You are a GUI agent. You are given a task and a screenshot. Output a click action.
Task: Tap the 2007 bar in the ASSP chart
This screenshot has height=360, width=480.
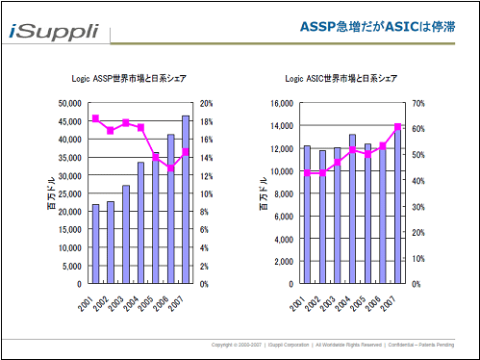(x=186, y=200)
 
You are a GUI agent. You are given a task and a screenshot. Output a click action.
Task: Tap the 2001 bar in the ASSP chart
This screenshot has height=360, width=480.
(x=95, y=244)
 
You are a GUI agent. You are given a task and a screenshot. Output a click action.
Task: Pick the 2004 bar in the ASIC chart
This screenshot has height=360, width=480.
(x=352, y=209)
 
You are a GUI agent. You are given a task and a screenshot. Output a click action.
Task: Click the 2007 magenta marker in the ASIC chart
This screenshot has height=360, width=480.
(x=397, y=127)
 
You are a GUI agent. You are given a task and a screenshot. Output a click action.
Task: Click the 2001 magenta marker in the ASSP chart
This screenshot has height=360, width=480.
(x=95, y=118)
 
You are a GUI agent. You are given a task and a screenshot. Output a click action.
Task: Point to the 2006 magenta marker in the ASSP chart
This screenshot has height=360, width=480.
(x=170, y=168)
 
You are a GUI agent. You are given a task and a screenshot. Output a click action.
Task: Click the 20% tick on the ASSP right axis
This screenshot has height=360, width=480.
(x=205, y=103)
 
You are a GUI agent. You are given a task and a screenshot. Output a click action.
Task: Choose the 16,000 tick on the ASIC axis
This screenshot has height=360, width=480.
(x=277, y=103)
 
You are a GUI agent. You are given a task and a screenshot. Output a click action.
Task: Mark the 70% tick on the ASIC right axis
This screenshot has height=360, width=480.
(x=417, y=103)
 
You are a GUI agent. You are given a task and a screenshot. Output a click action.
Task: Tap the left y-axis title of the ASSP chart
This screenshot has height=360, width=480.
(x=54, y=193)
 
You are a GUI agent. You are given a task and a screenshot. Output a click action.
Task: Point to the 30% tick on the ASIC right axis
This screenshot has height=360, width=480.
(x=417, y=206)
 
